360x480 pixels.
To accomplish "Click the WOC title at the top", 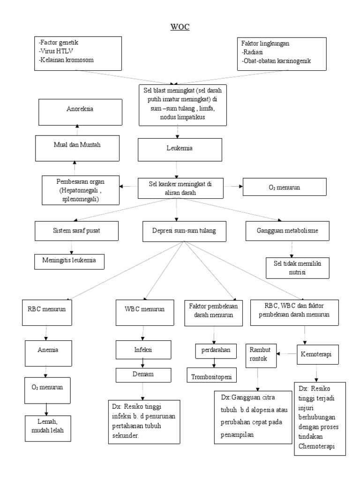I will (180, 26).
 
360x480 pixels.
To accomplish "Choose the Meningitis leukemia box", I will (69, 260).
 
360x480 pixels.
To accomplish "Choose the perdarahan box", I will (214, 351).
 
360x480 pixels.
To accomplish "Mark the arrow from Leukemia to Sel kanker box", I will (176, 169).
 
